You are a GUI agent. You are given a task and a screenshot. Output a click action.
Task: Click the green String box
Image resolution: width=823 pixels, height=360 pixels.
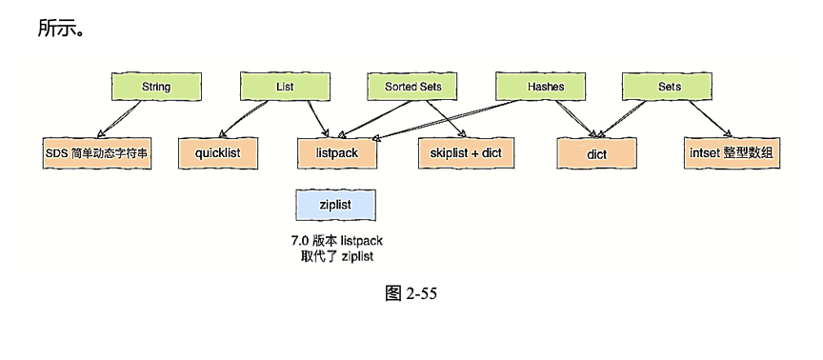click(156, 87)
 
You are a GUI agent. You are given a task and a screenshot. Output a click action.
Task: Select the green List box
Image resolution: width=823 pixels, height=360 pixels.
click(284, 87)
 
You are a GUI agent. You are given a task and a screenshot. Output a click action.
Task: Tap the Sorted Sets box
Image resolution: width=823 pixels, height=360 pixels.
click(412, 87)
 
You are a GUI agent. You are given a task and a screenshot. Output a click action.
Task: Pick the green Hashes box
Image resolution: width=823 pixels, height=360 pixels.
click(545, 87)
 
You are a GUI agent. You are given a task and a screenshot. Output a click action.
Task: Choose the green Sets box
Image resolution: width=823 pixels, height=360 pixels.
click(670, 87)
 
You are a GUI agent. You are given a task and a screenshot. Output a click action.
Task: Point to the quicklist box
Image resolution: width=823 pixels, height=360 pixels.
click(217, 152)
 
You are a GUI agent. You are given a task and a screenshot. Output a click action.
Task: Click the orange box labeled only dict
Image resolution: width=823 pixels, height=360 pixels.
click(596, 152)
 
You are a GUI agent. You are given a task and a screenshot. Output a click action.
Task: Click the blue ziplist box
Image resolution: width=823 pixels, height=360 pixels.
click(335, 204)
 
